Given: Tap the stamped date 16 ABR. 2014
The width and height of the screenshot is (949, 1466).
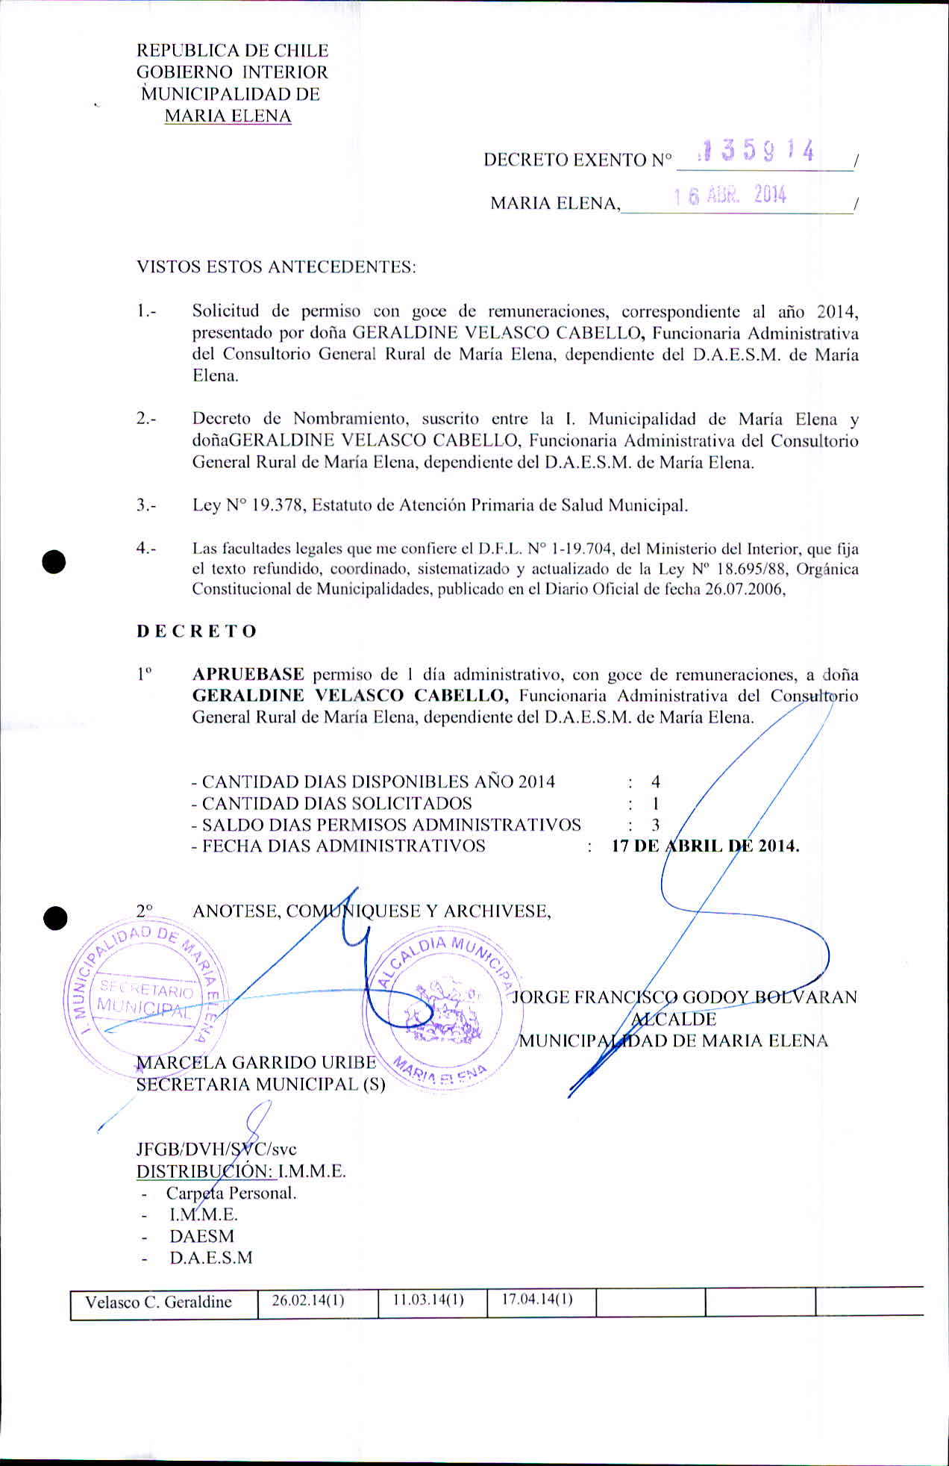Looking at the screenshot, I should click(x=730, y=196).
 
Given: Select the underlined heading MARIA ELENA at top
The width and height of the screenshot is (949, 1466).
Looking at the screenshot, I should click(x=228, y=116).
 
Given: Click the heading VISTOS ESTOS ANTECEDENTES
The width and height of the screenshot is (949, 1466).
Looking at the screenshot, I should click(x=276, y=266).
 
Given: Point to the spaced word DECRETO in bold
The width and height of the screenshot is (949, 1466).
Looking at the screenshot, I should click(x=197, y=631).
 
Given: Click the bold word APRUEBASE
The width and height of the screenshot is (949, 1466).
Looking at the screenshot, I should click(x=248, y=675).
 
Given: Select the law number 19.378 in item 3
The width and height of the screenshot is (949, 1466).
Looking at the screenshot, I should click(x=278, y=505).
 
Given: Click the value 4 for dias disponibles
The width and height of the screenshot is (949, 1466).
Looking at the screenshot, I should click(x=656, y=782).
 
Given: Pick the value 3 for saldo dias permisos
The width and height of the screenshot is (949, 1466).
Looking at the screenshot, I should click(x=656, y=825).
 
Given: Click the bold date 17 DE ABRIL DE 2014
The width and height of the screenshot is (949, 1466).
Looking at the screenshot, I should click(x=705, y=846).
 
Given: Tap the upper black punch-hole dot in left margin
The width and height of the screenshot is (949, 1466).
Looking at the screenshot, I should click(x=55, y=562).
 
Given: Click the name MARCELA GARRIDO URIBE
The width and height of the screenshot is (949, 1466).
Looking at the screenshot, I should click(x=256, y=1063).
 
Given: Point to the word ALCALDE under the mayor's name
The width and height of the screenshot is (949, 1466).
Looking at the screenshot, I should click(x=673, y=1019).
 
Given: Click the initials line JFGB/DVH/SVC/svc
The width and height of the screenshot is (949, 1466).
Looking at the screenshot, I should click(x=216, y=1150).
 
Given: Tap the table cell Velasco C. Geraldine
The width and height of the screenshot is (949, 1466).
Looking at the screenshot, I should click(x=158, y=1303).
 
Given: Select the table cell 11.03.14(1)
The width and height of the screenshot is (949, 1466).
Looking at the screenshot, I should click(x=428, y=1300).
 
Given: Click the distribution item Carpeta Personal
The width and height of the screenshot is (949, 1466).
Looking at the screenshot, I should click(x=231, y=1193).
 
